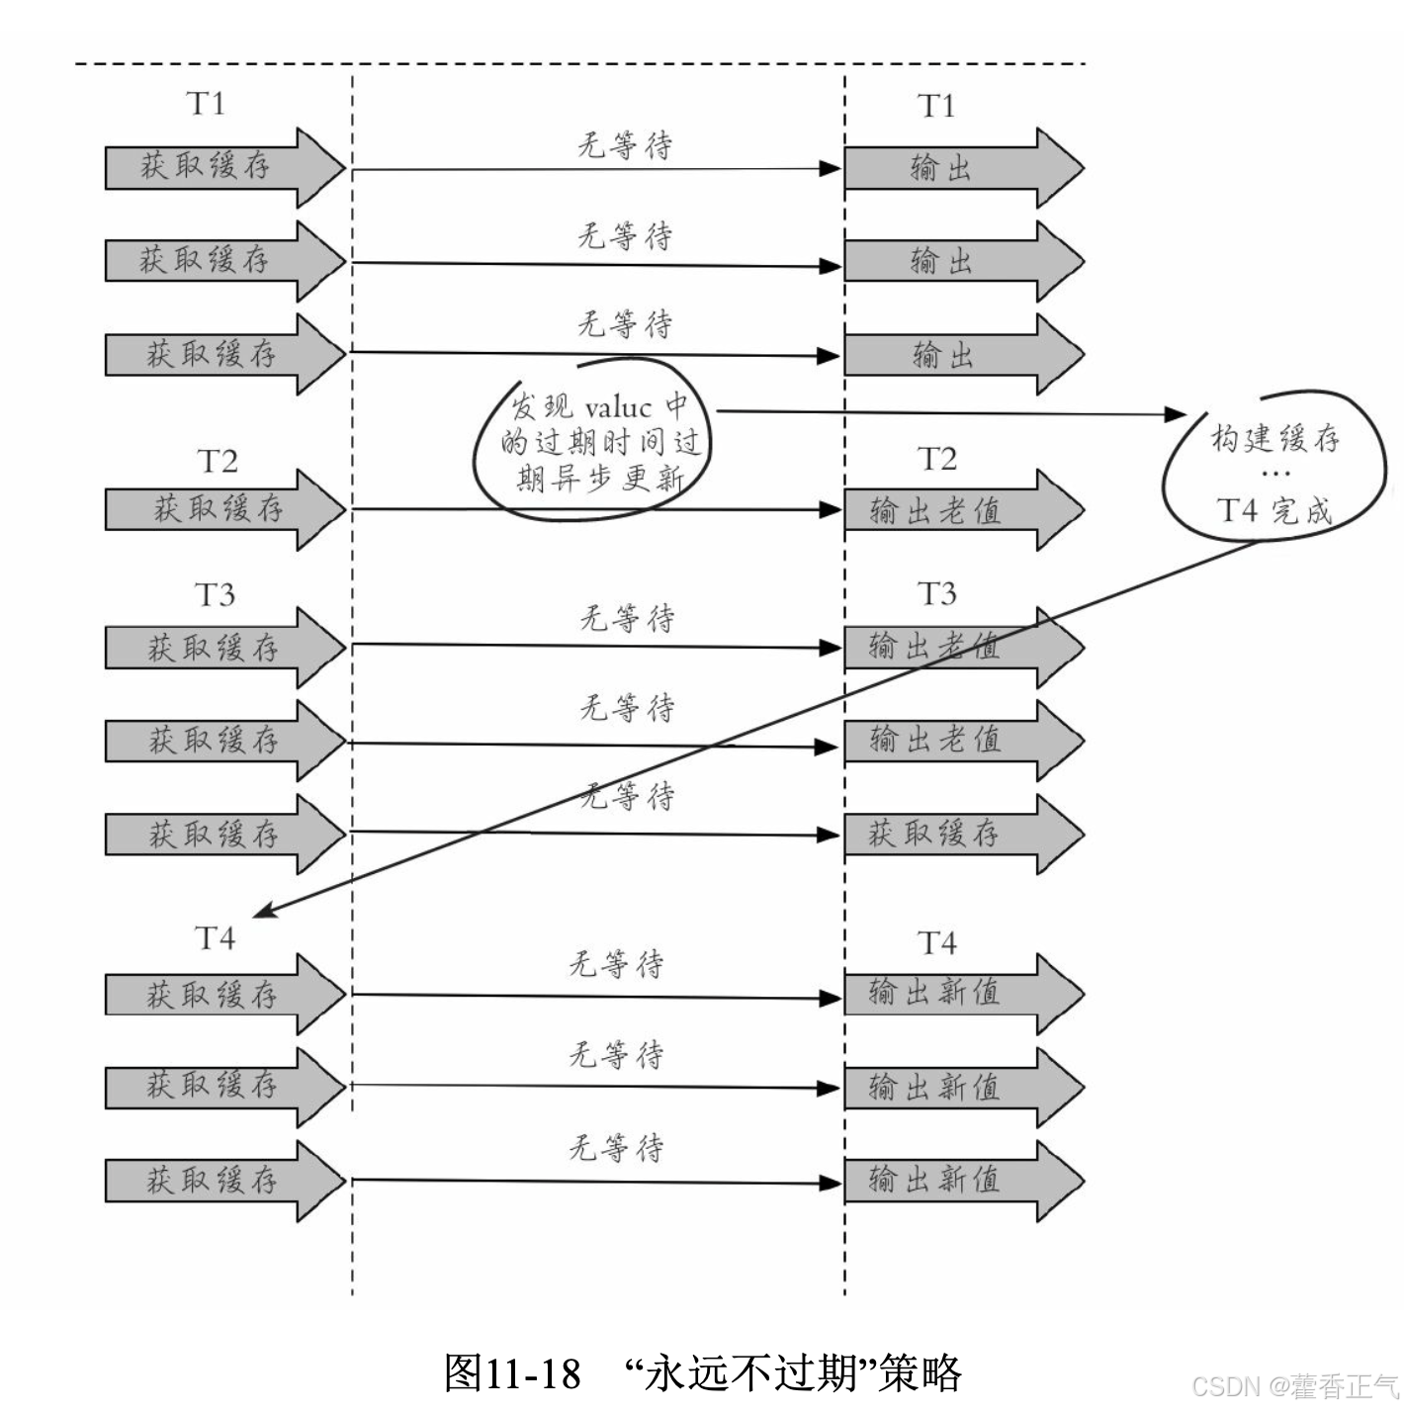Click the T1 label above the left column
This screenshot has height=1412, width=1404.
click(x=206, y=104)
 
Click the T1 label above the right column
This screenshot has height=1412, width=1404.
click(x=936, y=106)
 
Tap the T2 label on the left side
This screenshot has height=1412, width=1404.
click(x=218, y=462)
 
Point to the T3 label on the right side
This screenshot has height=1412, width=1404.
click(x=936, y=593)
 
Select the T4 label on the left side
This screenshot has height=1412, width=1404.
click(x=215, y=937)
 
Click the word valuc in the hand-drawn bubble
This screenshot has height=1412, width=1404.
click(x=618, y=408)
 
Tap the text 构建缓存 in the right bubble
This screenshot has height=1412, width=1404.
click(x=1275, y=438)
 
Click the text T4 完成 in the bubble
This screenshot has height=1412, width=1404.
click(x=1274, y=510)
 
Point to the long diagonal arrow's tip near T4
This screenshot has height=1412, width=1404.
click(x=259, y=915)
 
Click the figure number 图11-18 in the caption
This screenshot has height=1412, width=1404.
click(x=512, y=1372)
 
